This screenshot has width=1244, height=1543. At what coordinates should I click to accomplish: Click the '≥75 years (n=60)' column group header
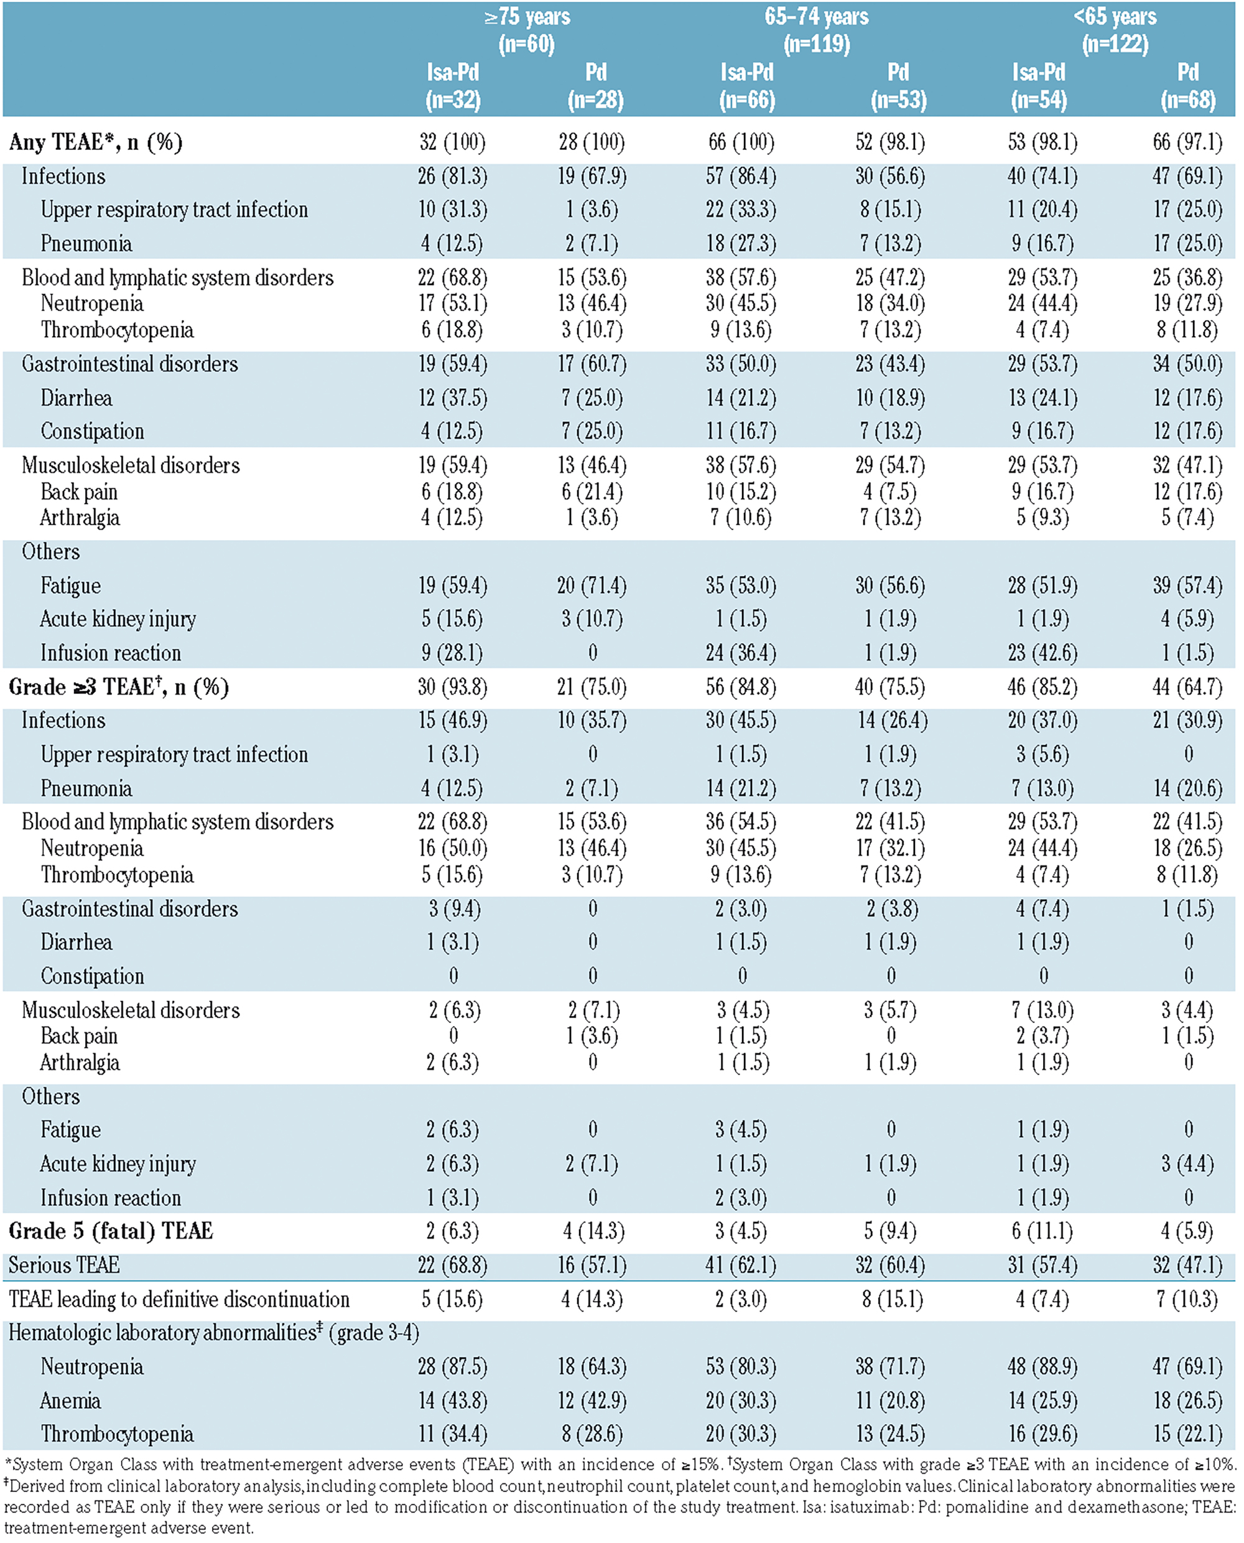527,31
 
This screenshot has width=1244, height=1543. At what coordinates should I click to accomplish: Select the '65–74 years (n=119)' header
816,31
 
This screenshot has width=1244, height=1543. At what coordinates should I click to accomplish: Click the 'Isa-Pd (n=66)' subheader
746,86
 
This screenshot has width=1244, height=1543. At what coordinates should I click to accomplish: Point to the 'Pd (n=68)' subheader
1187,86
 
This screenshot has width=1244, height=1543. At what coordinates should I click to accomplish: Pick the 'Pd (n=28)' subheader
595,86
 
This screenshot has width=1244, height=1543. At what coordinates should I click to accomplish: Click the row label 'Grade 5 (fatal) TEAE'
111,1231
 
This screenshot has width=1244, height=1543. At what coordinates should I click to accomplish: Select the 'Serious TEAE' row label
64,1265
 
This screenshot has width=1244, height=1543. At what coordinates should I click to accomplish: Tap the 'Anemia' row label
70,1401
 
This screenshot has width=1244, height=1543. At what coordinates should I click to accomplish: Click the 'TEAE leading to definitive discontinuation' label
179,1299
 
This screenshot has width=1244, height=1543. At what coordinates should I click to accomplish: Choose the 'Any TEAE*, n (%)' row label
95,142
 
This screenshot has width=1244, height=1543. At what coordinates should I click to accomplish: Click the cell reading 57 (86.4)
741,176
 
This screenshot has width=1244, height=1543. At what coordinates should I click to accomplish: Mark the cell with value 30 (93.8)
452,688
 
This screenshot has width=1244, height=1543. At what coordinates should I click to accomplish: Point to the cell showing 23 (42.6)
1042,653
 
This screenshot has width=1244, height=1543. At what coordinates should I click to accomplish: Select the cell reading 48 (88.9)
1042,1367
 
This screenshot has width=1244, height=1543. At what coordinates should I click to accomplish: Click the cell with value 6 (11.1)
1042,1231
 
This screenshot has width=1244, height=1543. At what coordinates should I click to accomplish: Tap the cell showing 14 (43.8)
452,1401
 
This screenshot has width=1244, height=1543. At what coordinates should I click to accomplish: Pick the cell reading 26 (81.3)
452,176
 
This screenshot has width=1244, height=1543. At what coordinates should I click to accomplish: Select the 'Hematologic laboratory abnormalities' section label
163,1333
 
